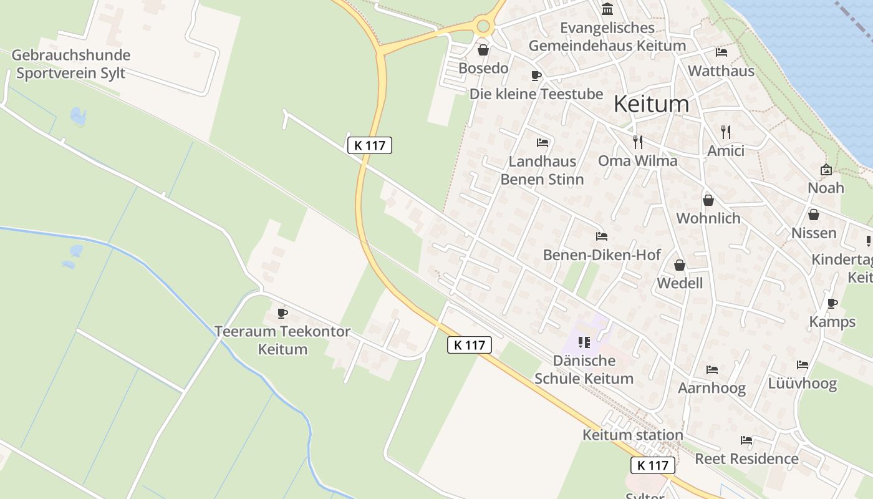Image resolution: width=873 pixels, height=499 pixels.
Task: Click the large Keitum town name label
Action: pos(652,104)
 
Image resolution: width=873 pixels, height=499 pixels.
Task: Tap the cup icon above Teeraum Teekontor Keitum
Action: pos(282,313)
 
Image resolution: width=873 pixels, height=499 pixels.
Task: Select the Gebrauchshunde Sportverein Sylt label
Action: pos(70,64)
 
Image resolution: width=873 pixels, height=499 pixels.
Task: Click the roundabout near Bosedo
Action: pos(483,26)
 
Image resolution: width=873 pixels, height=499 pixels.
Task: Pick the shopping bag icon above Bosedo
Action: pos(483,50)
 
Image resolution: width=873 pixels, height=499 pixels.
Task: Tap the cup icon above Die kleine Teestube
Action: pos(536,76)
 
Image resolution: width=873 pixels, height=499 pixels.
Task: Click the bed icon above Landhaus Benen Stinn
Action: pos(543,143)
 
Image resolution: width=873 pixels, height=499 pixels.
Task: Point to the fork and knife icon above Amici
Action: pos(725,132)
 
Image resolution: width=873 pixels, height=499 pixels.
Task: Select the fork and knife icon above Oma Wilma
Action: pos(637,142)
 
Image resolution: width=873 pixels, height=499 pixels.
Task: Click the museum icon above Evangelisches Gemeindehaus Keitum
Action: pos(607,9)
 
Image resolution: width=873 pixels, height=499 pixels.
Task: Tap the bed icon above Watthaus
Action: pos(721,52)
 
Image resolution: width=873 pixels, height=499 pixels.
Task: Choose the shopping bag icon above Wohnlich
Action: pos(708,200)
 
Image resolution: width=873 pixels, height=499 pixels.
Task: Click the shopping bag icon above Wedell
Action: pos(680,265)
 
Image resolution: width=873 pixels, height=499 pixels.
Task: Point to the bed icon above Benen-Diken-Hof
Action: pos(602,236)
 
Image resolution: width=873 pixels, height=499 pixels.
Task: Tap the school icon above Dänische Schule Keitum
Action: pos(584,342)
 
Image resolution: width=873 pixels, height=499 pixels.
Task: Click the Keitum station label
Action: pos(633,435)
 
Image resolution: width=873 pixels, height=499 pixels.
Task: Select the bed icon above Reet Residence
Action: pos(746,440)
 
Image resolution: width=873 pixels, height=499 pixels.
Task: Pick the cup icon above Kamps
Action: pos(832,303)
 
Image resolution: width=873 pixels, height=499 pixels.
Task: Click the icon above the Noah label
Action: pos(826,169)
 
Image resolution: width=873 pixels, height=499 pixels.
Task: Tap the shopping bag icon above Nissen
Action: pos(814,215)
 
